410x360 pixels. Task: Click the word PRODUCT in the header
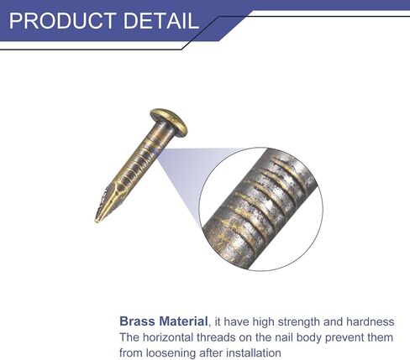(63, 21)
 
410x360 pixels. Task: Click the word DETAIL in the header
(161, 21)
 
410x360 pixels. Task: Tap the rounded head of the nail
(169, 122)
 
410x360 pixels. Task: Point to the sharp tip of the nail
(96, 222)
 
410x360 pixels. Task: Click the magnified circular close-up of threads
(260, 209)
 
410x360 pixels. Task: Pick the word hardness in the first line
(371, 322)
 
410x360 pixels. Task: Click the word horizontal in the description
(168, 337)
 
